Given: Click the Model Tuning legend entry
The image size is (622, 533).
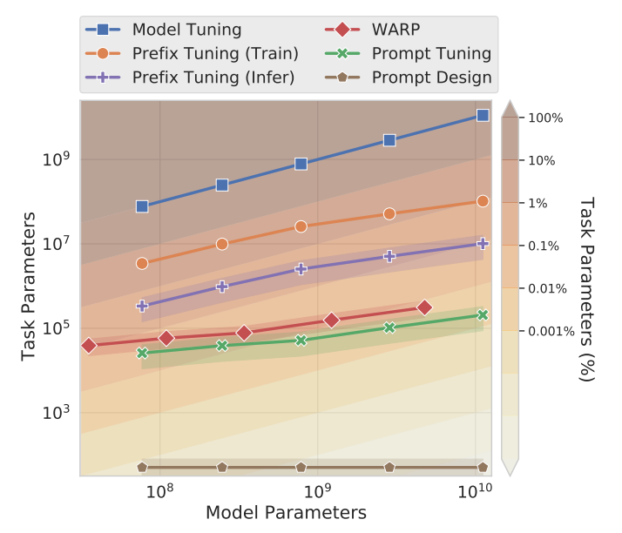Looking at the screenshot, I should (x=186, y=30).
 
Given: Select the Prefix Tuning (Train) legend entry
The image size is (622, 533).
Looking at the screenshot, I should (x=214, y=53).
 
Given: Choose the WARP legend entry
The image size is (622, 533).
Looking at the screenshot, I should (x=396, y=30).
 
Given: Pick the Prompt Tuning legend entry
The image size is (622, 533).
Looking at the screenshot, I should (x=431, y=53).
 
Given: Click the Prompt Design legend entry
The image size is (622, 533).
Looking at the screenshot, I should (x=431, y=77).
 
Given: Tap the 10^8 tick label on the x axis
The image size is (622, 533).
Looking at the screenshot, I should (x=159, y=493).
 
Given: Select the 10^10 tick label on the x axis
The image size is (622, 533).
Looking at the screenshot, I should (x=474, y=493).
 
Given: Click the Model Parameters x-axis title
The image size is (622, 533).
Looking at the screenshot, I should (x=286, y=513).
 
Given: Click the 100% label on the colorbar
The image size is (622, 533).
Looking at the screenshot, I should (x=546, y=118).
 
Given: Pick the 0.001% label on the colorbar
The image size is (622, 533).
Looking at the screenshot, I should (x=551, y=331).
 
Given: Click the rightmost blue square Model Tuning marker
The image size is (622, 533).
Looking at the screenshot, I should (x=483, y=115).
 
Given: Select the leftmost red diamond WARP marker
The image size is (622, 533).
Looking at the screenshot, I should (x=89, y=346).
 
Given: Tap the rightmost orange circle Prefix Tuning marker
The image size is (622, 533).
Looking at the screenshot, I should (x=483, y=201).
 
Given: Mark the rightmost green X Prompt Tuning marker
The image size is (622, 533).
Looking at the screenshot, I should (x=483, y=315).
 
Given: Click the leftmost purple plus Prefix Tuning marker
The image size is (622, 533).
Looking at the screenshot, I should (x=142, y=306).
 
